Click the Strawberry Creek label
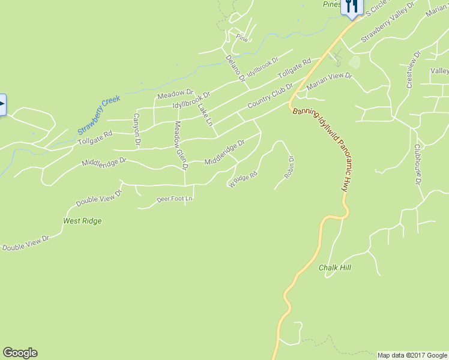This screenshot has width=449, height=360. point(99,115)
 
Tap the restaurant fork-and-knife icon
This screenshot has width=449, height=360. point(352,6)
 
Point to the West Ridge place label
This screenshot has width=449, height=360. point(82,221)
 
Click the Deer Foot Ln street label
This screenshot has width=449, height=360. point(175,199)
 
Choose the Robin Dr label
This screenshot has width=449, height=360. point(290,167)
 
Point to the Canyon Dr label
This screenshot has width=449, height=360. point(137,130)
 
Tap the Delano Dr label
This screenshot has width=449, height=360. point(235,68)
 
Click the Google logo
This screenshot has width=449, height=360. point(20,353)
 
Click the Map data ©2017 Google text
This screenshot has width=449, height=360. point(412,355)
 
